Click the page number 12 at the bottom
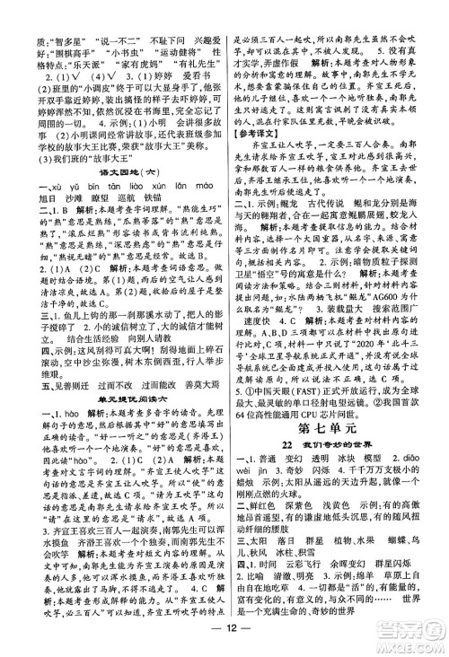click(224, 641)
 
